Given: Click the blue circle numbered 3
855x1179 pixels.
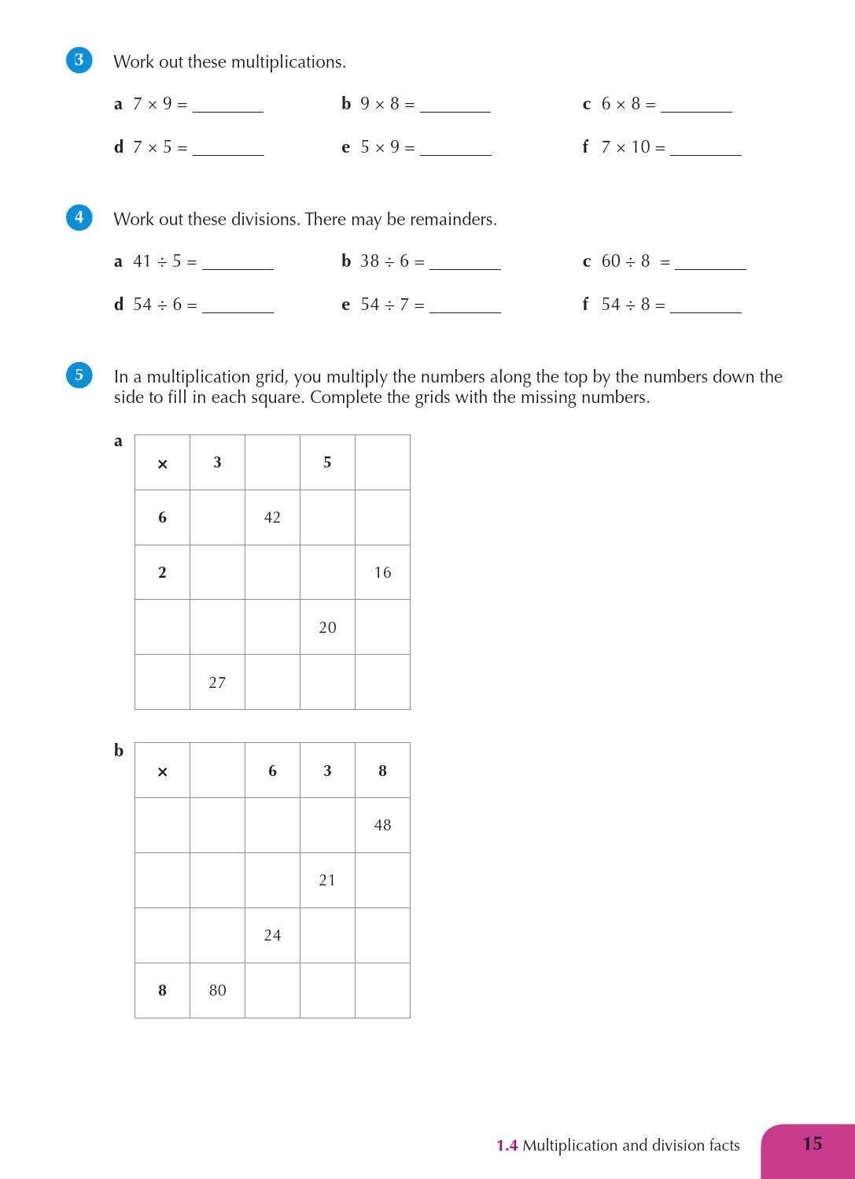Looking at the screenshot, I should click(x=79, y=60).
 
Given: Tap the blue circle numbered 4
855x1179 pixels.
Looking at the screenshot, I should click(x=79, y=217).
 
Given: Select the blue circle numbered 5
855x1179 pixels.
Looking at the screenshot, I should click(x=79, y=375).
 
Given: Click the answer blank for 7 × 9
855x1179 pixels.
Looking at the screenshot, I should click(x=228, y=106).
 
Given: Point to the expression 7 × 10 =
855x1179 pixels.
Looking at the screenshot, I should click(x=633, y=147).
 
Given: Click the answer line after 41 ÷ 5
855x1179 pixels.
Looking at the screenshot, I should click(x=238, y=264).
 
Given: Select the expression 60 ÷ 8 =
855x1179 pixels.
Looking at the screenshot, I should click(x=636, y=261).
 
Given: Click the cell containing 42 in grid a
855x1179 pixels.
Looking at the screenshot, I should click(x=272, y=517).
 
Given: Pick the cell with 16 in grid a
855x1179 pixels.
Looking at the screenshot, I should click(x=382, y=572).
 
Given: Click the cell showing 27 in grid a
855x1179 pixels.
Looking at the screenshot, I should click(x=217, y=682).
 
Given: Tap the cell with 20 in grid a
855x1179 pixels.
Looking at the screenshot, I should click(x=327, y=627).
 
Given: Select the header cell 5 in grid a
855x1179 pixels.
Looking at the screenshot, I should click(x=327, y=462).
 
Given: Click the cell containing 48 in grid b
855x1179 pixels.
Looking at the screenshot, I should click(x=382, y=825).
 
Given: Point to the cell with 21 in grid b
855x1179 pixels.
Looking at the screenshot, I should click(x=327, y=880).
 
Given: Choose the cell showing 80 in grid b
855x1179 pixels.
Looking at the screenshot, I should click(x=217, y=990).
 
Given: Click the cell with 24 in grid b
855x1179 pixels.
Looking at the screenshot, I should click(x=272, y=935).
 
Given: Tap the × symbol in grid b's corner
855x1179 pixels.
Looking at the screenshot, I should click(x=162, y=771).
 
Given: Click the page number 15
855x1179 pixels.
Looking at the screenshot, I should click(x=812, y=1144).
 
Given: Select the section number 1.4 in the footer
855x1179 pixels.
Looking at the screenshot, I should click(x=507, y=1146).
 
